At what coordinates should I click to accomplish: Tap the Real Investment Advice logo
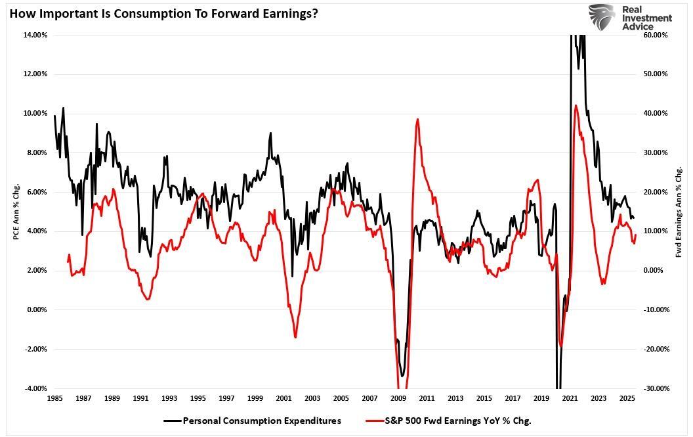(629, 17)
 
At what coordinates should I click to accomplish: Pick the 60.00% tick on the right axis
(656, 35)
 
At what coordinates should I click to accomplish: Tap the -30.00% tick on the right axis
(656, 388)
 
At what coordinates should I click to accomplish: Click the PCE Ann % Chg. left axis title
(16, 212)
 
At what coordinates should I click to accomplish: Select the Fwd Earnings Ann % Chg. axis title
(679, 212)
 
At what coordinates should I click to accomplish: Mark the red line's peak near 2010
(417, 120)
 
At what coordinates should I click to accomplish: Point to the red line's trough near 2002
(295, 337)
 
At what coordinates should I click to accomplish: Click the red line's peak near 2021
(576, 105)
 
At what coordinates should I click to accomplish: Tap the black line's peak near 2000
(270, 133)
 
